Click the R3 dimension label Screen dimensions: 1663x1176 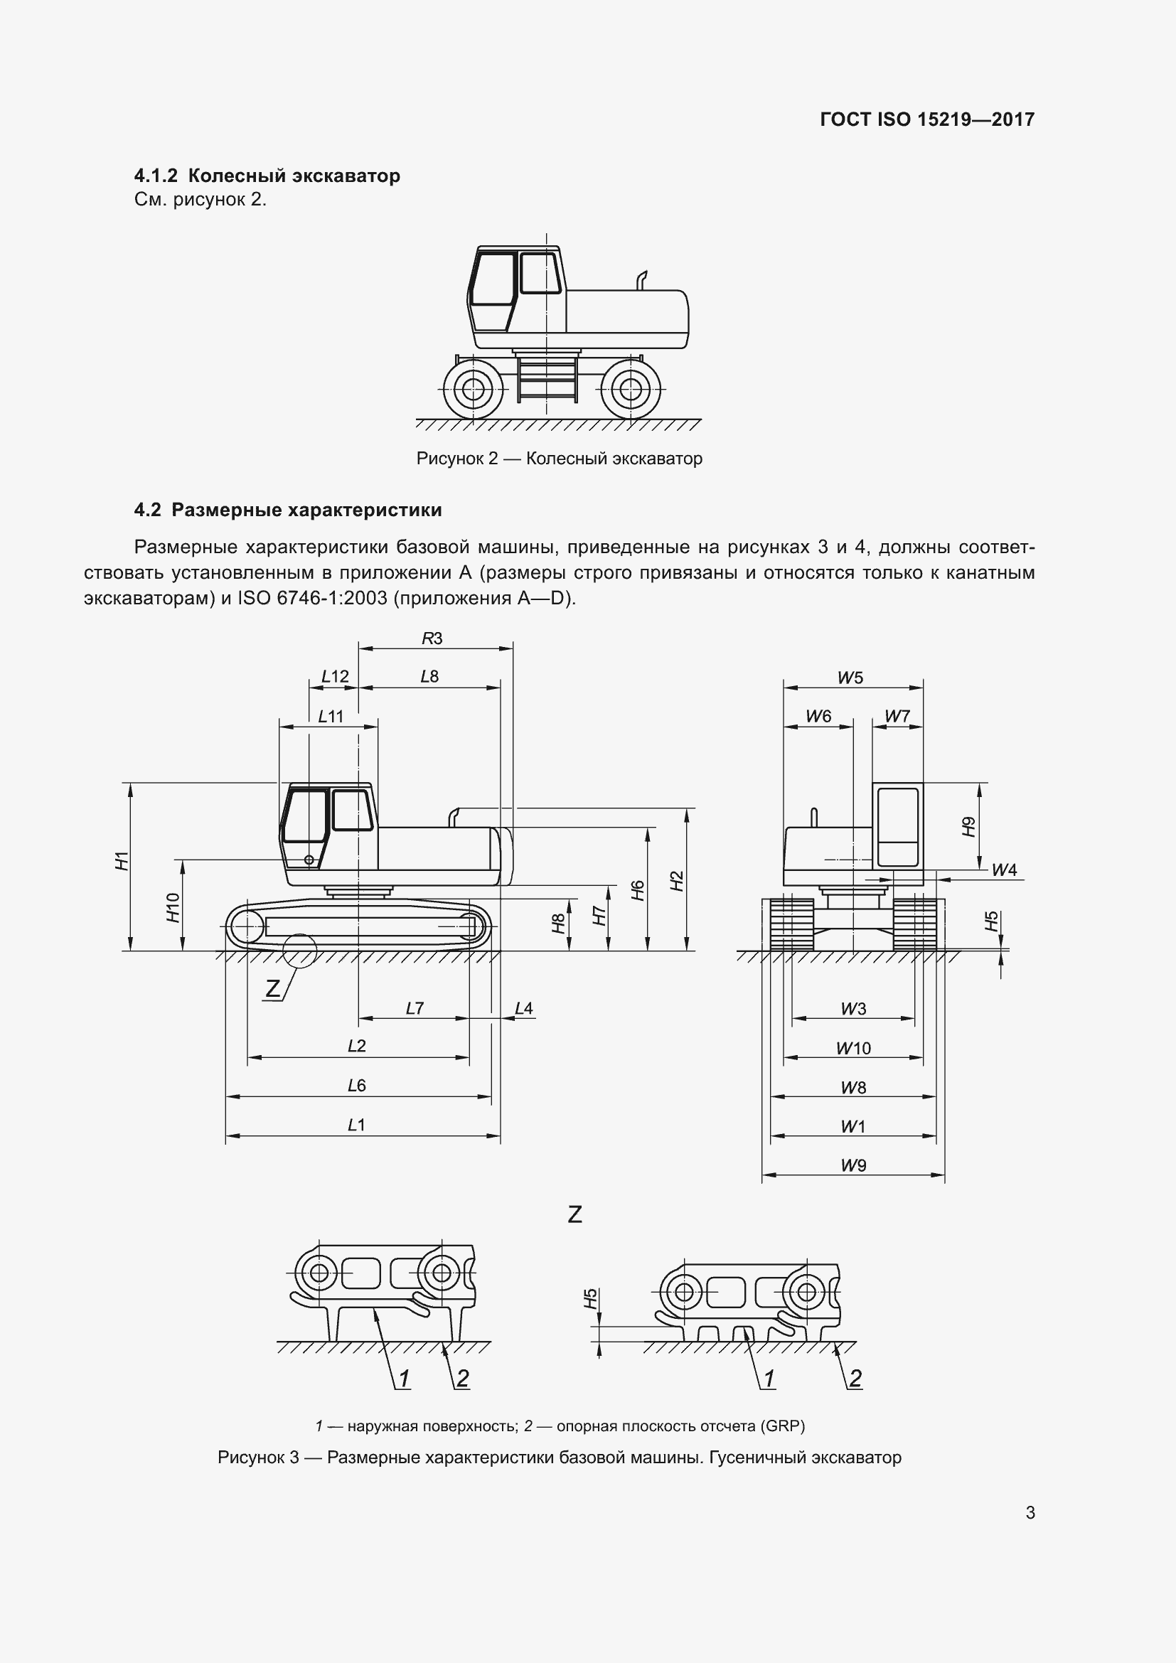tap(432, 638)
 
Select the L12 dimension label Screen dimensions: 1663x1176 tap(335, 676)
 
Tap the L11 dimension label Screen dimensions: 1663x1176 tap(330, 717)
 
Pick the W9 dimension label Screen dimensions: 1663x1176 tap(853, 1165)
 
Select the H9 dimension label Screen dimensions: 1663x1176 tap(969, 826)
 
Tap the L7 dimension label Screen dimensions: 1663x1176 tap(415, 1008)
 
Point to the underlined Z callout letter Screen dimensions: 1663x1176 tap(272, 988)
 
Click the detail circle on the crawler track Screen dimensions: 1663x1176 tap(300, 951)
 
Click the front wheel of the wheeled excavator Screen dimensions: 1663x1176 tap(473, 390)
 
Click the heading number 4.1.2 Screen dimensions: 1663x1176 tap(156, 176)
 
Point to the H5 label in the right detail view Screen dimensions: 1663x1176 tap(591, 1298)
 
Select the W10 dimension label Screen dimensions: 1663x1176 tap(853, 1048)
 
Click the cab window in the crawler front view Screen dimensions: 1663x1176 tap(898, 815)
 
